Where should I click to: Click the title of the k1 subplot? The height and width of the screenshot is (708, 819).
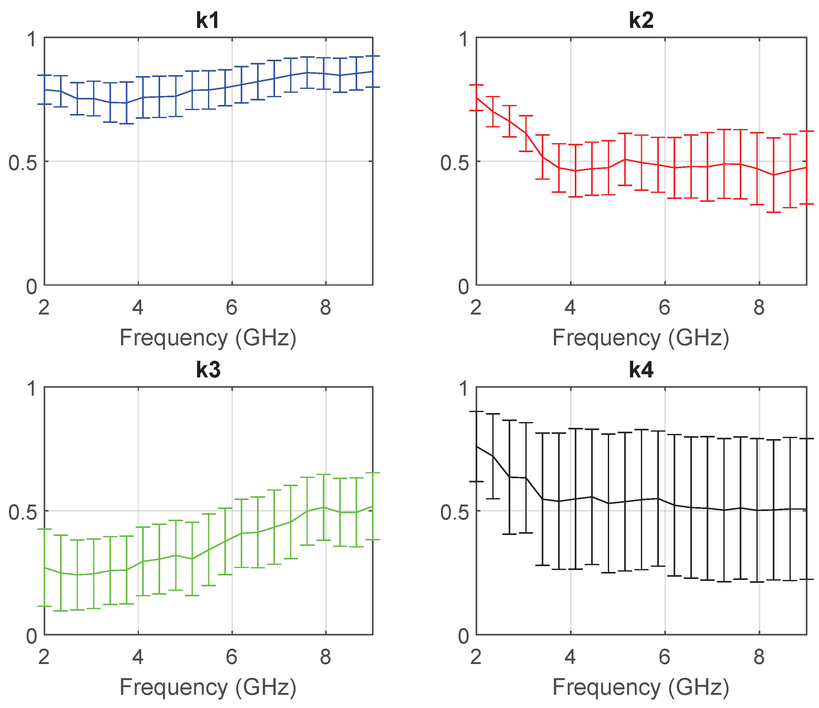coord(208,20)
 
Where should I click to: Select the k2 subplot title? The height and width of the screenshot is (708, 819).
coord(641,20)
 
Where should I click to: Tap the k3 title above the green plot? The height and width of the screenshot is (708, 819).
coord(208,370)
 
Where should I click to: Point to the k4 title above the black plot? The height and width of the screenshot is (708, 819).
coord(641,370)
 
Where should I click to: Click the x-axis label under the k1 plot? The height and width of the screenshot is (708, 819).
coord(208,338)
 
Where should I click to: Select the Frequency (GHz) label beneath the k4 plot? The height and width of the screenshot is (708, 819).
coord(641,687)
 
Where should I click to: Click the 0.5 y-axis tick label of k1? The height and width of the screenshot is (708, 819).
coord(22,162)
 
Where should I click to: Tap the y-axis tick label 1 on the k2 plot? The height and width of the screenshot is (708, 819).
coord(464,39)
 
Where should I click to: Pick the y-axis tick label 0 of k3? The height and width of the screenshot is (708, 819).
coord(32,636)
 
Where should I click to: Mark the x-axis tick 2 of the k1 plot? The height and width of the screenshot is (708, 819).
coord(44,307)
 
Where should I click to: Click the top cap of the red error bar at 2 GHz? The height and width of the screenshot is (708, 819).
coord(476,85)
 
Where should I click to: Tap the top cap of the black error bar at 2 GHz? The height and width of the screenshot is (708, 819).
coord(476,412)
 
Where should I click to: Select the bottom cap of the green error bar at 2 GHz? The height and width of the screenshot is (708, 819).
coord(44,606)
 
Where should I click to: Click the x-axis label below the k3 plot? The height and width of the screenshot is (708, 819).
coord(208,687)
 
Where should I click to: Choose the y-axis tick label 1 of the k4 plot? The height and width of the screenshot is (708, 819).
coord(464,389)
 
